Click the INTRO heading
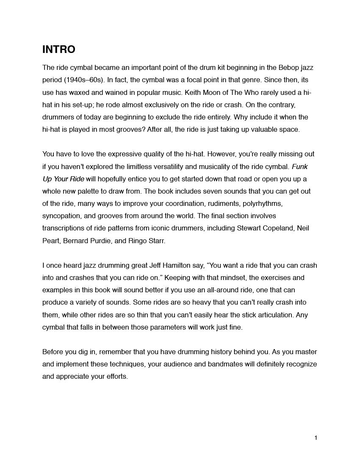coord(59,50)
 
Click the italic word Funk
coord(300,166)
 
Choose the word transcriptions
coord(64,228)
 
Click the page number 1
coord(316,438)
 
